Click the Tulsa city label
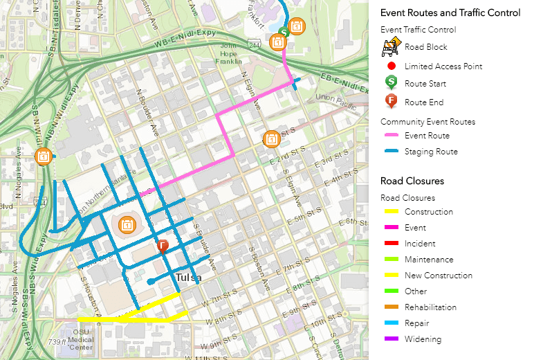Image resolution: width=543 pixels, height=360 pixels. (189, 278)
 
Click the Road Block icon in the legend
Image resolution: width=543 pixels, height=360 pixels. (392, 47)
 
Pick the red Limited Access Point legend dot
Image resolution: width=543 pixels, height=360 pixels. (392, 66)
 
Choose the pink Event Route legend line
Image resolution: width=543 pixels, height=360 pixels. (392, 136)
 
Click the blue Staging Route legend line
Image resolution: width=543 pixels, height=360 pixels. (392, 152)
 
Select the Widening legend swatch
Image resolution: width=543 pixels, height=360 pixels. (392, 339)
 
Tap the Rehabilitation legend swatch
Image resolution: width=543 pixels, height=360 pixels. (392, 307)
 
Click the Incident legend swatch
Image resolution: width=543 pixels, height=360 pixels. (392, 244)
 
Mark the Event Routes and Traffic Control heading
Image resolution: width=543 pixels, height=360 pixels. (450, 13)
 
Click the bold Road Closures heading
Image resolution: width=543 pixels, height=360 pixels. (412, 181)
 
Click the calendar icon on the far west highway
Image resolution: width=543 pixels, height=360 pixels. (44, 156)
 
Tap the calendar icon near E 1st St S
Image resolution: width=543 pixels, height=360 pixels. (272, 139)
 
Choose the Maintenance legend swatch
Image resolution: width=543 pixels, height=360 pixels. (392, 260)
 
